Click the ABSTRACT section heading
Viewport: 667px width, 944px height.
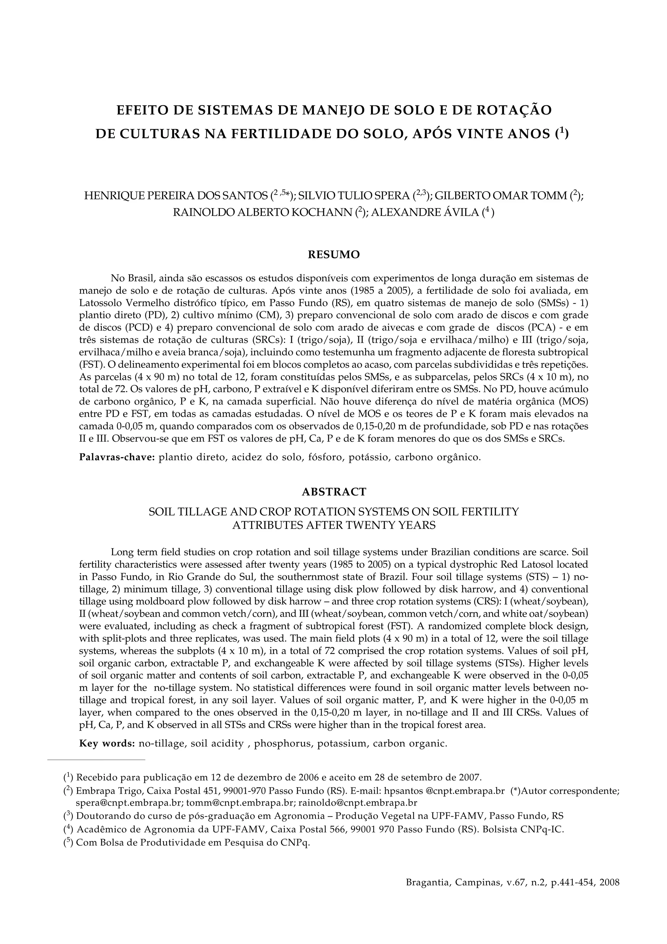(334, 492)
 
